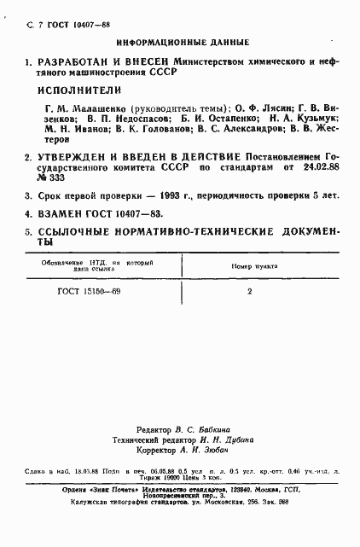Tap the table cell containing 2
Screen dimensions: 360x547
coord(248,291)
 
